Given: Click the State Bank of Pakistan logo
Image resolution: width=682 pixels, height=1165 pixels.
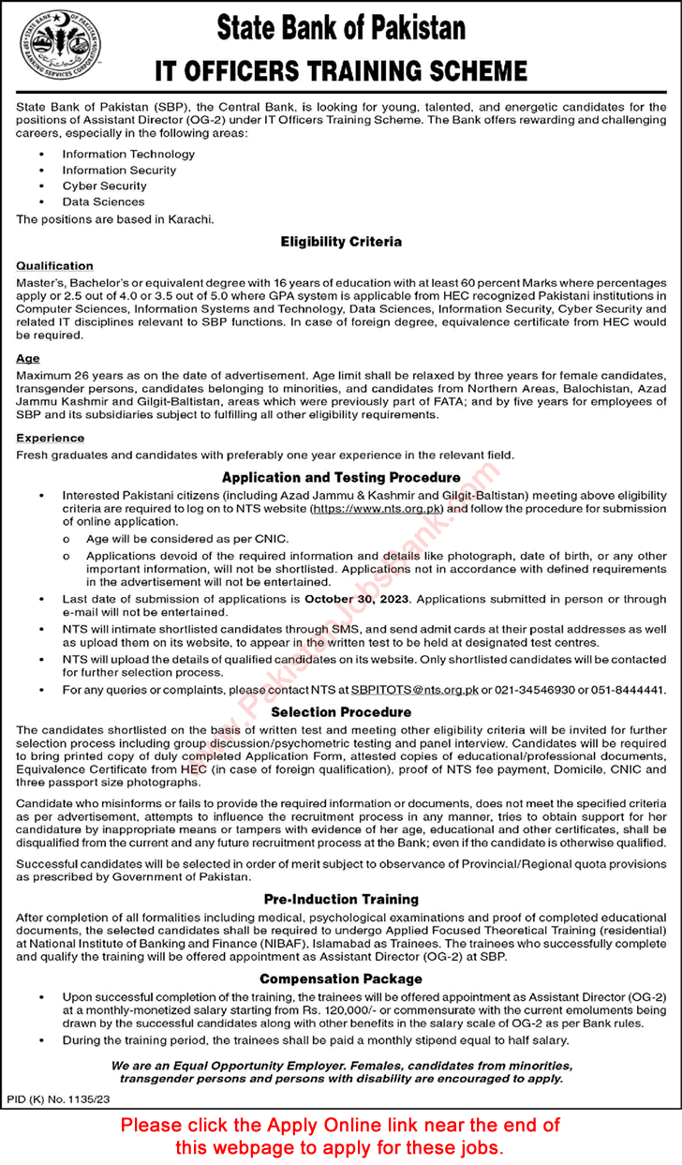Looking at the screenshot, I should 61,47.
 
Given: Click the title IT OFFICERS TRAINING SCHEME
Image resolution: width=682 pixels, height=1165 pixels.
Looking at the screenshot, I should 341,71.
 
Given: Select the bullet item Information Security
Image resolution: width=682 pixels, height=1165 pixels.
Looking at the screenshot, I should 119,171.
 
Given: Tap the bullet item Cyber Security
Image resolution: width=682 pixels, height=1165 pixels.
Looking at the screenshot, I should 103,186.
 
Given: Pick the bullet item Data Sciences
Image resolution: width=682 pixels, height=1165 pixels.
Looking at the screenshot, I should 103,202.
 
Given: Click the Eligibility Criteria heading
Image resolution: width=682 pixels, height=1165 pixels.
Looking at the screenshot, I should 341,242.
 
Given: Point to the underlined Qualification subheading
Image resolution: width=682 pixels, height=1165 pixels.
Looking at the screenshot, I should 54,266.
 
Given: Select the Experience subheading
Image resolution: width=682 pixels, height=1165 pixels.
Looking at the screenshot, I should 50,438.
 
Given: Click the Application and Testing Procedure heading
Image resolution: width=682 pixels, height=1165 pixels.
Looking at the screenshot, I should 341,477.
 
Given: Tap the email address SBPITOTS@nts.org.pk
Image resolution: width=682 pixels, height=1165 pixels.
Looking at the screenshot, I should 419,690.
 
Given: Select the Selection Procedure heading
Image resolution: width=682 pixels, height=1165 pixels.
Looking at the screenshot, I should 341,712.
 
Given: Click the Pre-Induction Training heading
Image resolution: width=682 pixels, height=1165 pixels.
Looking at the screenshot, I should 341,899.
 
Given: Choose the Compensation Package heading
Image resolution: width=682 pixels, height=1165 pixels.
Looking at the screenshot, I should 341,978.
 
